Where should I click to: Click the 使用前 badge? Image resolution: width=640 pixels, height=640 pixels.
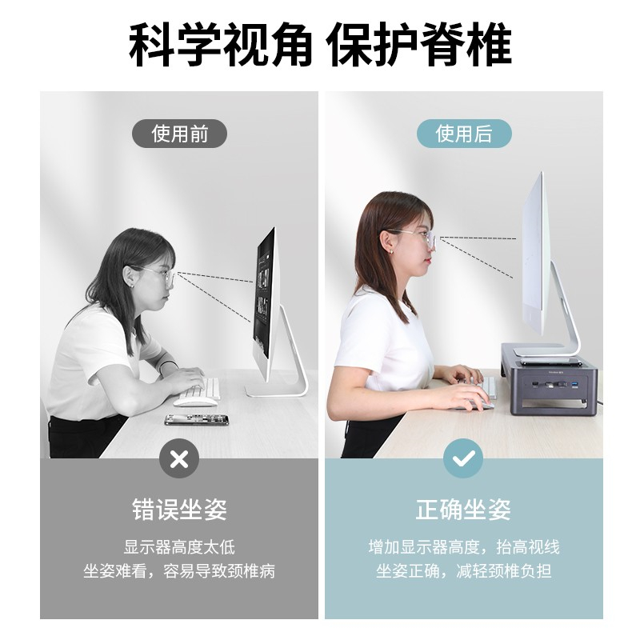[179, 134]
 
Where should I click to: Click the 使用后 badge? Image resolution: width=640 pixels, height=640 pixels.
[464, 134]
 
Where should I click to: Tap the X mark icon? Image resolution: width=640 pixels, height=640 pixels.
[179, 458]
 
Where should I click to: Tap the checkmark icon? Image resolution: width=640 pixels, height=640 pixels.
[463, 458]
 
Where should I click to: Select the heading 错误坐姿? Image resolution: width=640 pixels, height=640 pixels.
[179, 509]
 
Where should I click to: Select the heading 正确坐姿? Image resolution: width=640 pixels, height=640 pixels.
[463, 509]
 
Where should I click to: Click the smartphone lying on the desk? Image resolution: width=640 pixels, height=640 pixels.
[197, 419]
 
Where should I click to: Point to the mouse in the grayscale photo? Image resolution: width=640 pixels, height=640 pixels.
[195, 402]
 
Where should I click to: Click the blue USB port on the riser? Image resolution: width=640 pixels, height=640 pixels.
[575, 384]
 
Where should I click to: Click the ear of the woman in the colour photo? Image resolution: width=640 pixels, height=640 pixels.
[386, 241]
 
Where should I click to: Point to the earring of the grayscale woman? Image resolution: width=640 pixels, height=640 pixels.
[132, 286]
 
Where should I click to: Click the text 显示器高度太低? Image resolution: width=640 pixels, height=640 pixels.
[179, 547]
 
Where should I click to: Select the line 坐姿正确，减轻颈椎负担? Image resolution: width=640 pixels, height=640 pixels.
[464, 570]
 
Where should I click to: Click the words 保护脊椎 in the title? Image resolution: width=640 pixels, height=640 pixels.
[418, 44]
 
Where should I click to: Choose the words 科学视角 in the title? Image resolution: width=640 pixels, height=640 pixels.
[221, 44]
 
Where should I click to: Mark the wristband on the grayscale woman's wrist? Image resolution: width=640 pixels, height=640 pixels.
[167, 365]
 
